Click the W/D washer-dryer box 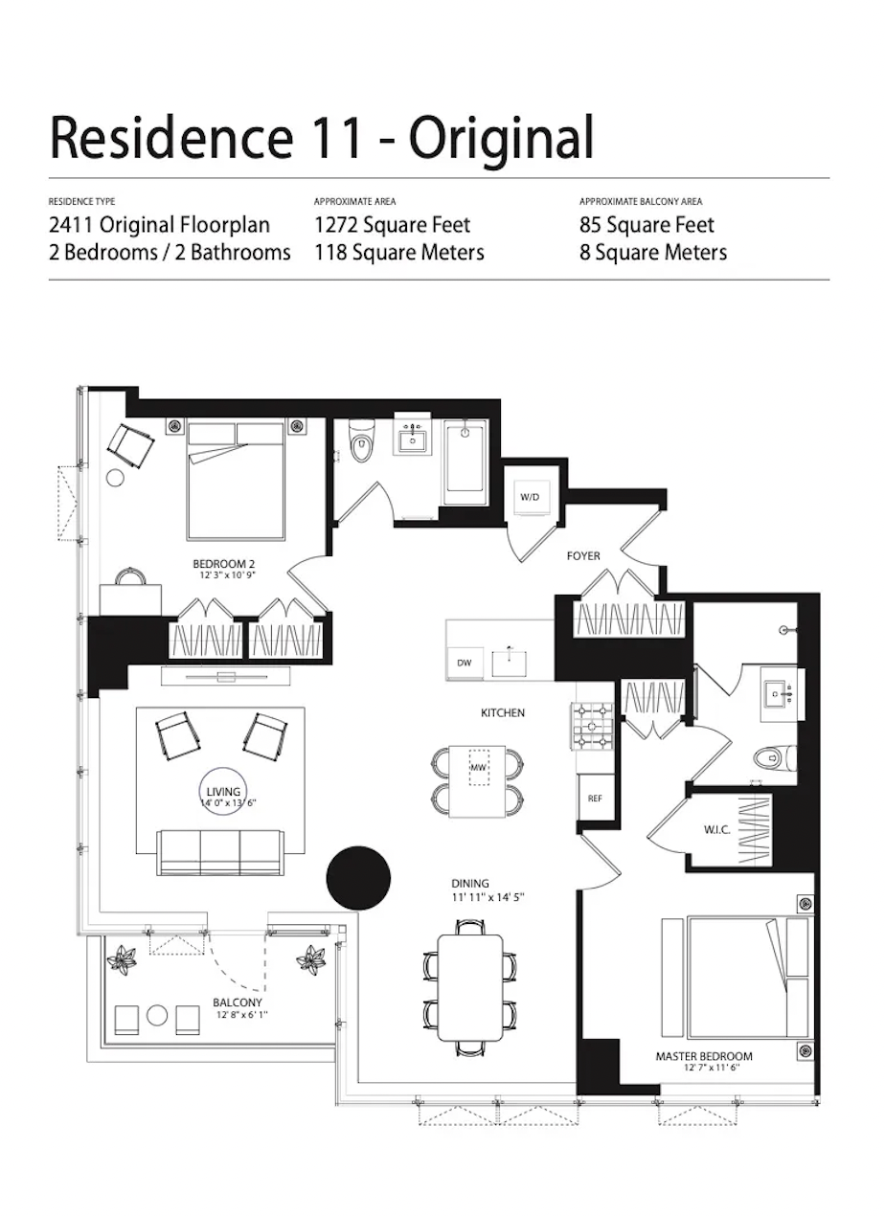click(x=530, y=498)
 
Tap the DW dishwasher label click(x=465, y=663)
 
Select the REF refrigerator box click(x=594, y=798)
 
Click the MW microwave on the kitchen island click(x=479, y=768)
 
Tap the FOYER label click(x=583, y=555)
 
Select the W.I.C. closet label click(x=717, y=830)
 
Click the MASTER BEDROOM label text click(x=704, y=1056)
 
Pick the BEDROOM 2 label click(x=223, y=564)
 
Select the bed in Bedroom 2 click(x=236, y=481)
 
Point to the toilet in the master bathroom click(x=770, y=759)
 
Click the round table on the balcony click(x=158, y=1014)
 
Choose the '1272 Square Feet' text click(x=393, y=225)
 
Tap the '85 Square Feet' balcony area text click(x=647, y=225)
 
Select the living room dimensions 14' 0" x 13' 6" click(x=223, y=804)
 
